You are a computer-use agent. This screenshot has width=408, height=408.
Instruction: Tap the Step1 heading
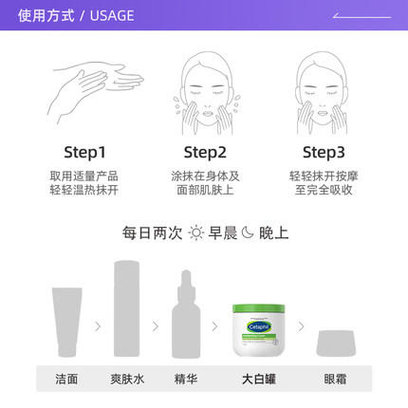84,152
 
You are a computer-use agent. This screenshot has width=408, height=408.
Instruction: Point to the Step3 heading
324,152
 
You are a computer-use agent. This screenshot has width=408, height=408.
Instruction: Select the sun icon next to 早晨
195,232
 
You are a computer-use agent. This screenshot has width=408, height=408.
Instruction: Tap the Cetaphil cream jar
259,326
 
